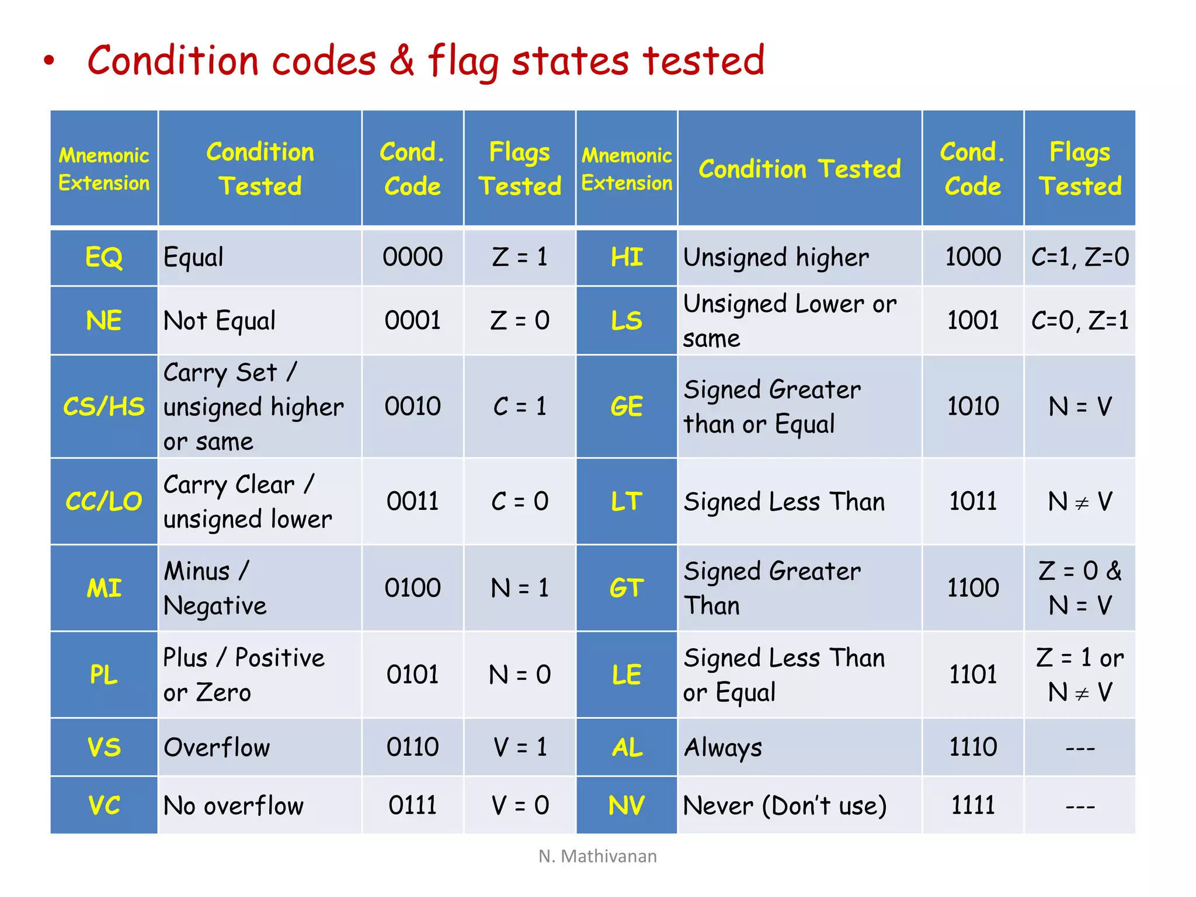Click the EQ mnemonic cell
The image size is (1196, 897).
tap(104, 258)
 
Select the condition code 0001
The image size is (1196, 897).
tap(412, 321)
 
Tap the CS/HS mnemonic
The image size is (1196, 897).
tap(104, 406)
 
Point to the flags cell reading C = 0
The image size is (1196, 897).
tap(519, 502)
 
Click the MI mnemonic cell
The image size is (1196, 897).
tap(104, 588)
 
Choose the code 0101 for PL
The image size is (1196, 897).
tap(412, 675)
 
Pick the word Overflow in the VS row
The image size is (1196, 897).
tap(217, 748)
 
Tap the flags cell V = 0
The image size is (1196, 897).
tap(519, 806)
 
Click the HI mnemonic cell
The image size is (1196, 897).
tap(627, 258)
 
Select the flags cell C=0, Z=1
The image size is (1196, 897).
tap(1080, 321)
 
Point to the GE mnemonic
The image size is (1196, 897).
tap(627, 406)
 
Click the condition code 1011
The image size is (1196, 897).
tap(972, 502)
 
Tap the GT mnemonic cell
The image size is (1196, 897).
tap(627, 588)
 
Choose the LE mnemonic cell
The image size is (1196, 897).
tap(627, 675)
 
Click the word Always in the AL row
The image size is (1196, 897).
tap(723, 748)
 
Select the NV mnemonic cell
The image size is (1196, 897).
tap(627, 806)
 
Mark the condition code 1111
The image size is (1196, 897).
tap(972, 806)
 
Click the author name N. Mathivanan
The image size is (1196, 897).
tap(597, 856)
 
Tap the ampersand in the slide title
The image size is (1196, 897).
tap(402, 60)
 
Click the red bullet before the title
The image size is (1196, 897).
tap(49, 61)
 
